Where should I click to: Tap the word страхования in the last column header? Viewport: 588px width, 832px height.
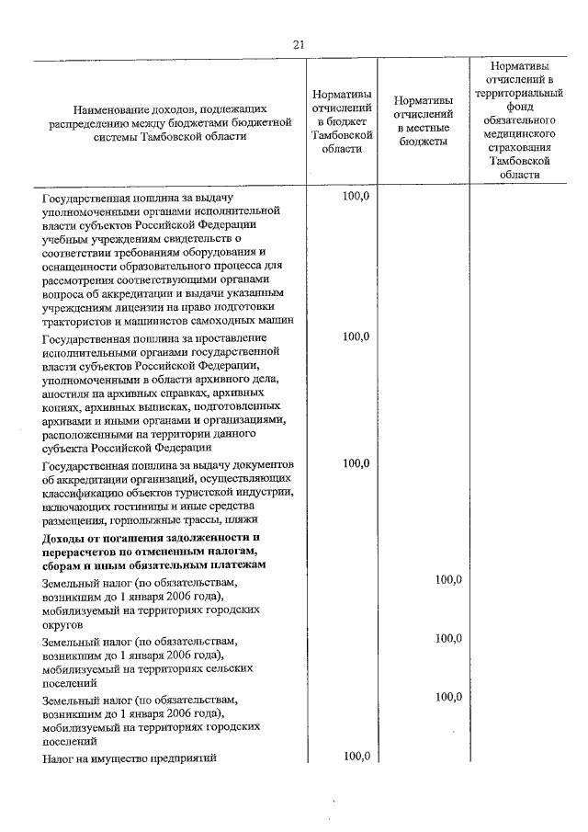520,146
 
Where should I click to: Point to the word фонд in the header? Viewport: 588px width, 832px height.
520,107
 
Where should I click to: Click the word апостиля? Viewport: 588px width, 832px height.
64,393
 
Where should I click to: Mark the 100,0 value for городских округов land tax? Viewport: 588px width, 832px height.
447,579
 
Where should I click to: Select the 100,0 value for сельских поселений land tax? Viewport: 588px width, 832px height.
447,638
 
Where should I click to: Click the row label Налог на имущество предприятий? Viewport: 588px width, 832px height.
128,758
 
